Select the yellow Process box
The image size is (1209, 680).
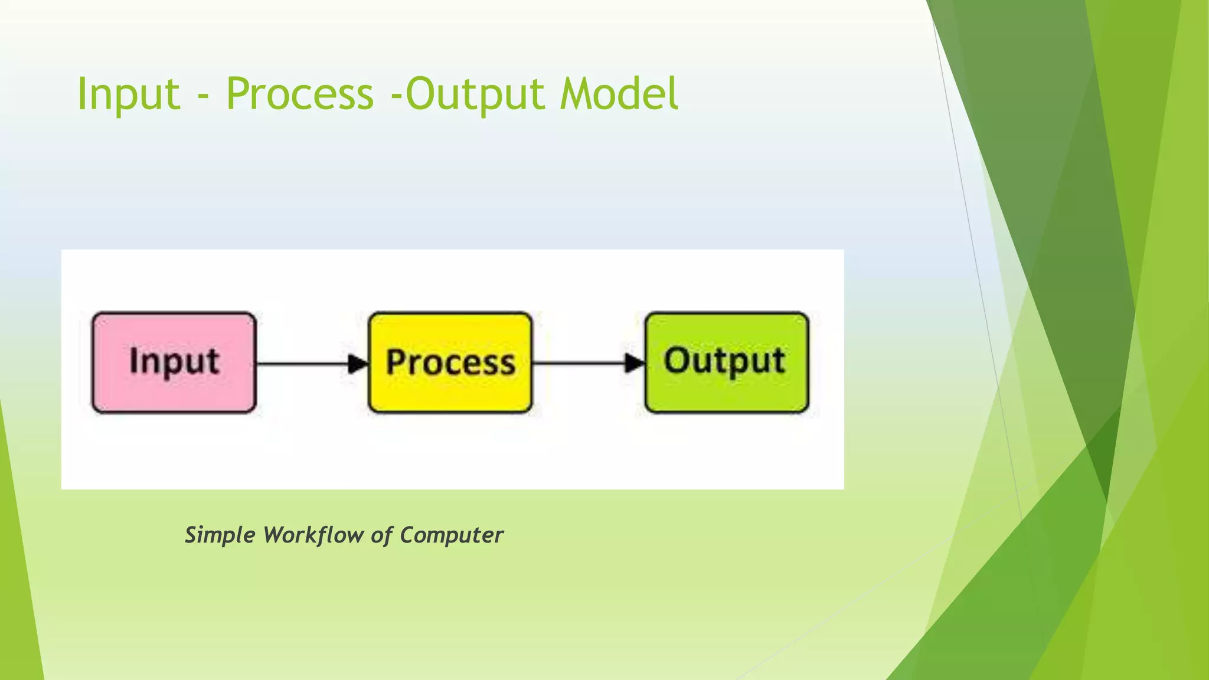click(x=450, y=393)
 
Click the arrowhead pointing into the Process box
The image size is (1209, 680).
click(x=358, y=364)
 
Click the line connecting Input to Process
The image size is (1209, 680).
click(x=301, y=364)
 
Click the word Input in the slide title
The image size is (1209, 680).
click(x=128, y=94)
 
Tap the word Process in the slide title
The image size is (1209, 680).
click(x=300, y=94)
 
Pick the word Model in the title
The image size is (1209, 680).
click(x=619, y=94)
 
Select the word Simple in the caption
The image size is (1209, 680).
click(x=220, y=535)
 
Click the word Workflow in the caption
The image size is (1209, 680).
click(x=313, y=535)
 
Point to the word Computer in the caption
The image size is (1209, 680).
click(x=452, y=535)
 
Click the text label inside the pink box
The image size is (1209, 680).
click(x=174, y=361)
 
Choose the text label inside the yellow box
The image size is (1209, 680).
click(x=450, y=362)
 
